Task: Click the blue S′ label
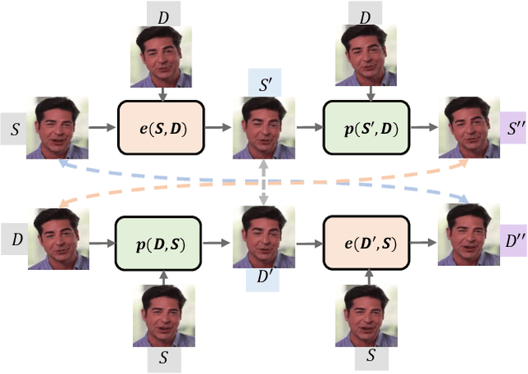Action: (265, 81)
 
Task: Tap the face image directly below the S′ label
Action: (265, 128)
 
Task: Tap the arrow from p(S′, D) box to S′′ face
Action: (425, 128)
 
